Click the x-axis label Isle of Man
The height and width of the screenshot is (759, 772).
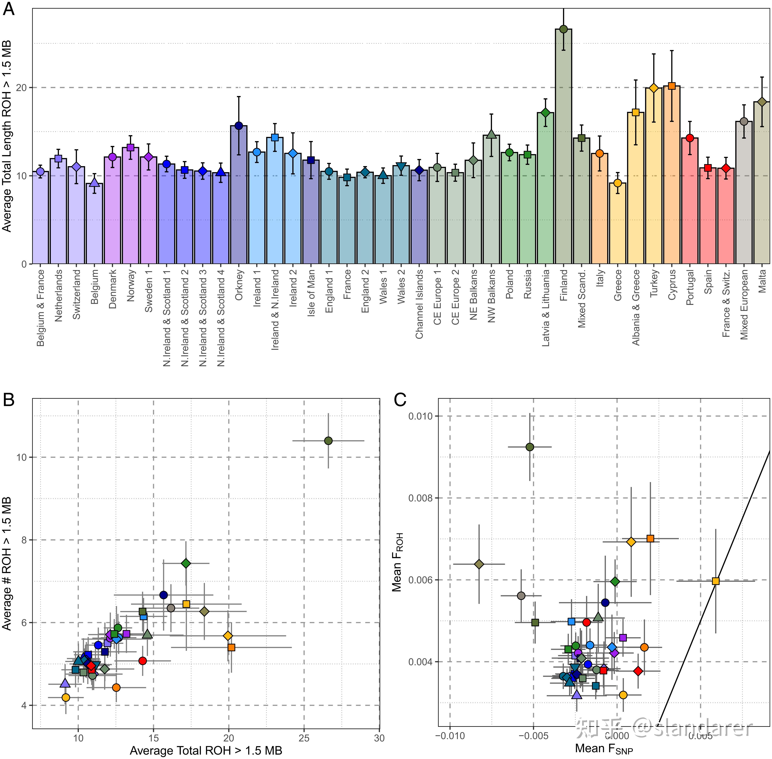(x=311, y=293)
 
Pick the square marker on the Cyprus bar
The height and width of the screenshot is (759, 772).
(x=672, y=86)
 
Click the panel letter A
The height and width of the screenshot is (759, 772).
(x=9, y=9)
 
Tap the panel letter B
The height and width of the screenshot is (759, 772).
(x=9, y=399)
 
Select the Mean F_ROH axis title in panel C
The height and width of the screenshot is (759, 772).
(x=398, y=562)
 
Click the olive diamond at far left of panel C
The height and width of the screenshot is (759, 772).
(x=479, y=564)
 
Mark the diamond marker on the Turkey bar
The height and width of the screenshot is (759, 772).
(x=654, y=88)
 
